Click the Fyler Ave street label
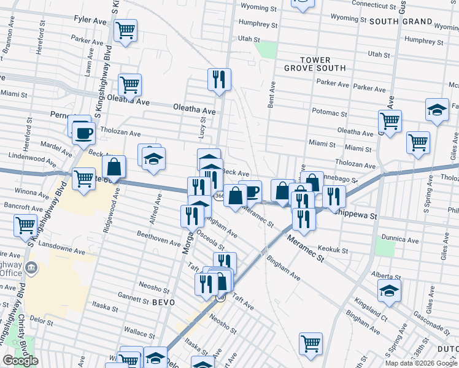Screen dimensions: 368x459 tap(90, 20)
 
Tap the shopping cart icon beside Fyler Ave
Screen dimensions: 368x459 tap(125, 30)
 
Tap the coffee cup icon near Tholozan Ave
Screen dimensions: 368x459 tap(83, 132)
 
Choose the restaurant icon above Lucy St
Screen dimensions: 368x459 tap(219, 79)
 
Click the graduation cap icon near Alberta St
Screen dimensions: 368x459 tap(388, 290)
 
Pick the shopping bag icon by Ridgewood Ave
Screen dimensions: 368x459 tap(114, 166)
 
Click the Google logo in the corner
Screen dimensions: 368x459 tap(20, 361)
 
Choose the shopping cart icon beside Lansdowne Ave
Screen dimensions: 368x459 tap(25, 226)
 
